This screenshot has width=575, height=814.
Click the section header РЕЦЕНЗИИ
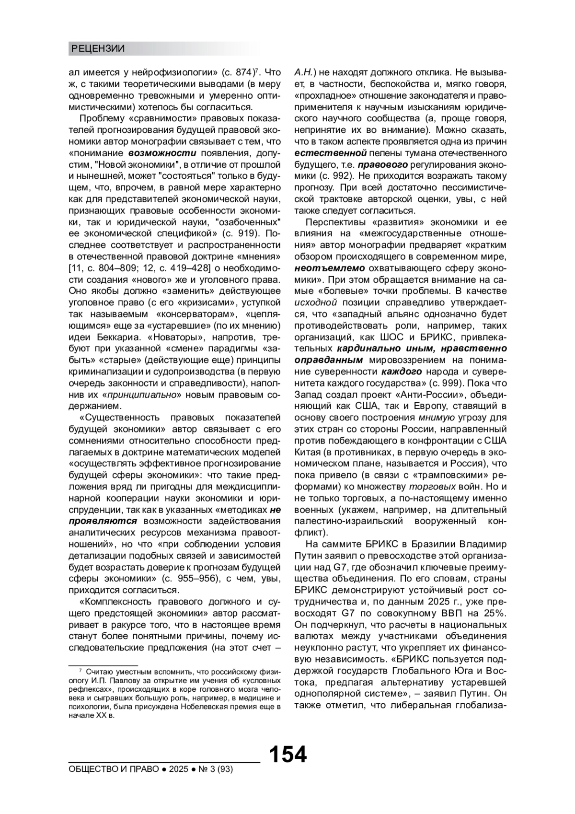pos(98,48)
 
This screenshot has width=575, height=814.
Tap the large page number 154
pos(287,755)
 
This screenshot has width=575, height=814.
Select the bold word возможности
pos(162,153)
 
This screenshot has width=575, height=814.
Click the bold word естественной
pos(331,153)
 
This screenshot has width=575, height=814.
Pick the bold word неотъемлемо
pos(330,268)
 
